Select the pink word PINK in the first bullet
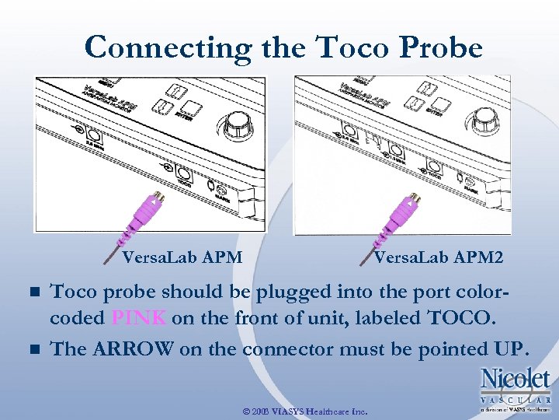click(x=139, y=318)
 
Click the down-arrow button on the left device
click(x=164, y=105)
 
